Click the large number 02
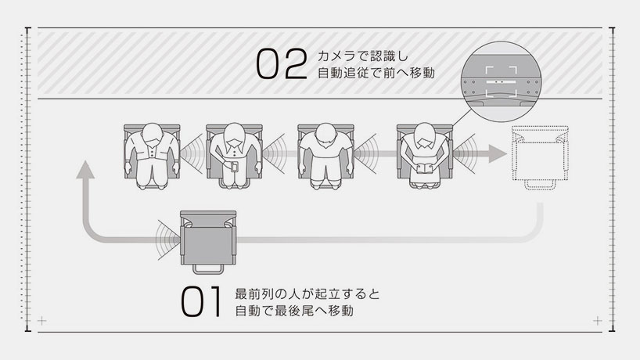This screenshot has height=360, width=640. pos(282,63)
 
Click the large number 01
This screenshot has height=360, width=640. pos(202,301)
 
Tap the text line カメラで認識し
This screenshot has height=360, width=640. pos(363,56)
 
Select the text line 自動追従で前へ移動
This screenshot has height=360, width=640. pos(376,73)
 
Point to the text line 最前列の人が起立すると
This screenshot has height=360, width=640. pos(307,294)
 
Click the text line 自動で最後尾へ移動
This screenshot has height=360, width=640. pos(294,311)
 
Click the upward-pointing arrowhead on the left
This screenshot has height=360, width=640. pos(85,169)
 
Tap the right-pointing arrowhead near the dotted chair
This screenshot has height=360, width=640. pos(498,154)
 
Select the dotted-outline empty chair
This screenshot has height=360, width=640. pos(540,157)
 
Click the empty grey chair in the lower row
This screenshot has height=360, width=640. pos(208,242)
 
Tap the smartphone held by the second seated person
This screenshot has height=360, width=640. pos(234,167)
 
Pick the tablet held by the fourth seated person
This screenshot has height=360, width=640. pos(425,167)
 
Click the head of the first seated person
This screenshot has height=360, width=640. pos(152,134)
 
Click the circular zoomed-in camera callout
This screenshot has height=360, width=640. pos(502,81)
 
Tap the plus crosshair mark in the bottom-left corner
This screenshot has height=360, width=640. pos(41,321)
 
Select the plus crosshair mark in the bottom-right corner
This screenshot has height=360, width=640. pos(598,321)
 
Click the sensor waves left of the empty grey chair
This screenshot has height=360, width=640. pos(167,240)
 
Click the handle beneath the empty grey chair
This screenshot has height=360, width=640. pos(208,269)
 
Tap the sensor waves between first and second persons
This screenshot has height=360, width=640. pos(192,154)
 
